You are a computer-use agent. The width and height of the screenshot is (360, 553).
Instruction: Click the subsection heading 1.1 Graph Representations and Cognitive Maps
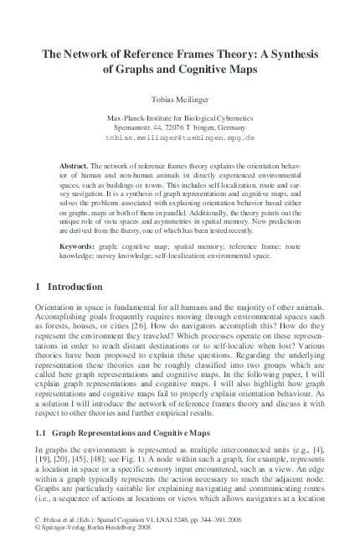point(121,434)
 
